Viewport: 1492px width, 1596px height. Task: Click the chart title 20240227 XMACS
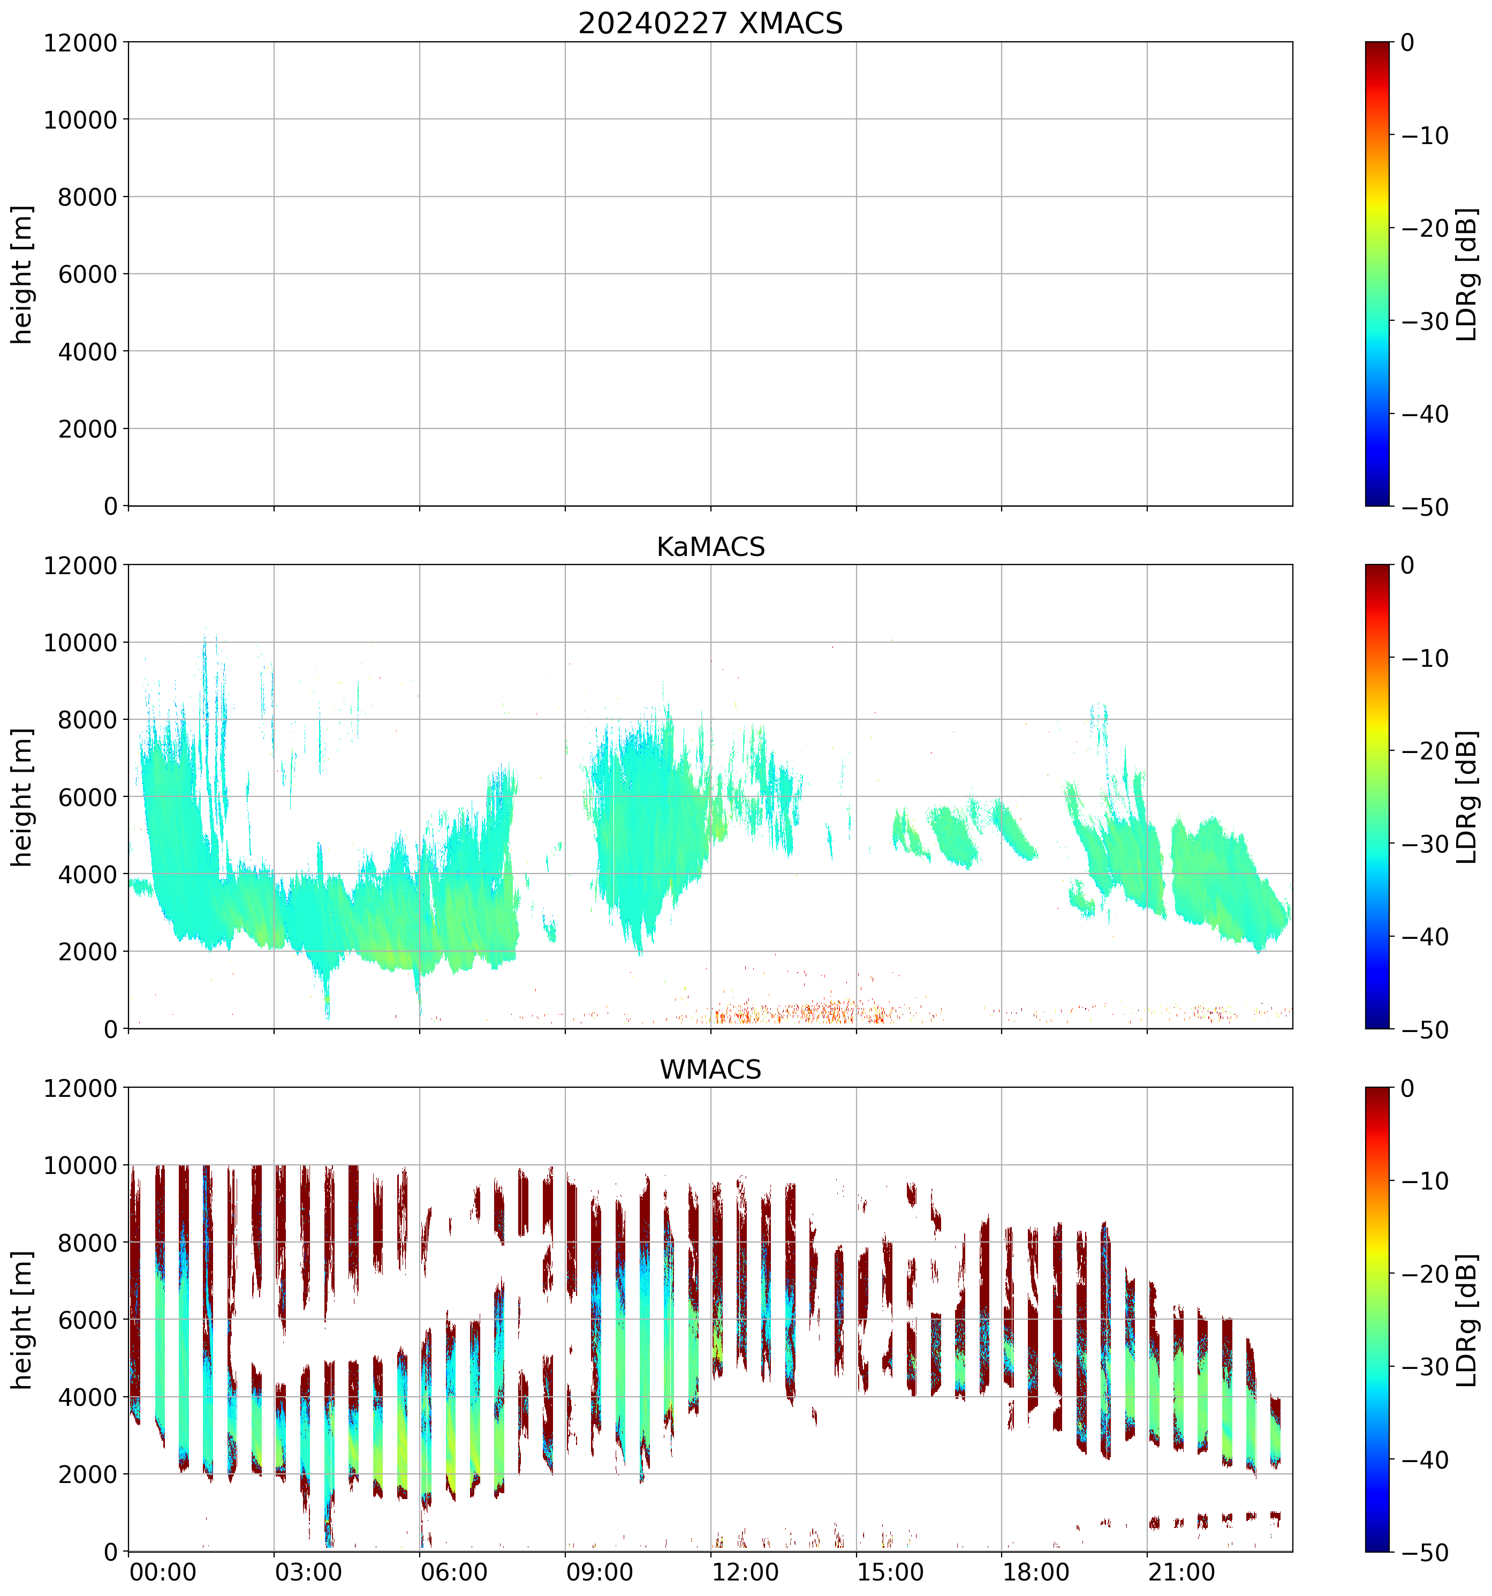[x=710, y=22]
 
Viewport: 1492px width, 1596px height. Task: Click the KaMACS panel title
[x=710, y=547]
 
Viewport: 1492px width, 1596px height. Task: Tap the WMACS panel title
[x=710, y=1070]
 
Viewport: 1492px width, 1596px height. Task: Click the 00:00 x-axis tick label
[x=163, y=1572]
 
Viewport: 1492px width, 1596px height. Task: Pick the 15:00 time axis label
[x=890, y=1572]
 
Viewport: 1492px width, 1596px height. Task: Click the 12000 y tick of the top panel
[x=80, y=42]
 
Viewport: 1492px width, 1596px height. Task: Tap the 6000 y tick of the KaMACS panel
[x=87, y=797]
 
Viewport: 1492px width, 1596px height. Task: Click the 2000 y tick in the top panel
[x=87, y=428]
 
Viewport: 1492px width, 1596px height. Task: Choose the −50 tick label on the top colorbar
[x=1425, y=507]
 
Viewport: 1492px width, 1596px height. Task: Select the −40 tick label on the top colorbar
[x=1425, y=414]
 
